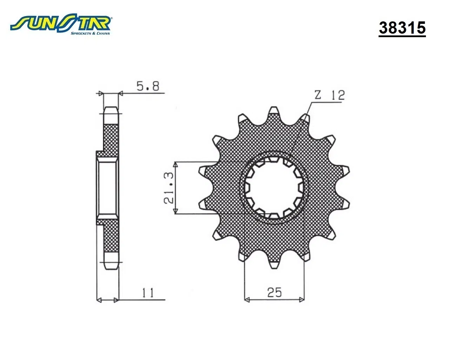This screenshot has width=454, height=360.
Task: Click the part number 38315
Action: click(402, 28)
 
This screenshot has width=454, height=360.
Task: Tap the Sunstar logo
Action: click(61, 24)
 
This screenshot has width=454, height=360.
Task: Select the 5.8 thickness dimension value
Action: click(148, 86)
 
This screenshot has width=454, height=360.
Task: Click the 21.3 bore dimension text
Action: click(169, 188)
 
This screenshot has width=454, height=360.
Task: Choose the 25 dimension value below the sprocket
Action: click(274, 292)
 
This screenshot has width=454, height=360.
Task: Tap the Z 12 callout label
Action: click(330, 95)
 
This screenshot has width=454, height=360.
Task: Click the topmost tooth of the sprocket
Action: click(274, 111)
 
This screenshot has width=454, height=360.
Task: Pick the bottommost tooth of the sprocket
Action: click(274, 264)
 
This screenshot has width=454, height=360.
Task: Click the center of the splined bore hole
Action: click(274, 188)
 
